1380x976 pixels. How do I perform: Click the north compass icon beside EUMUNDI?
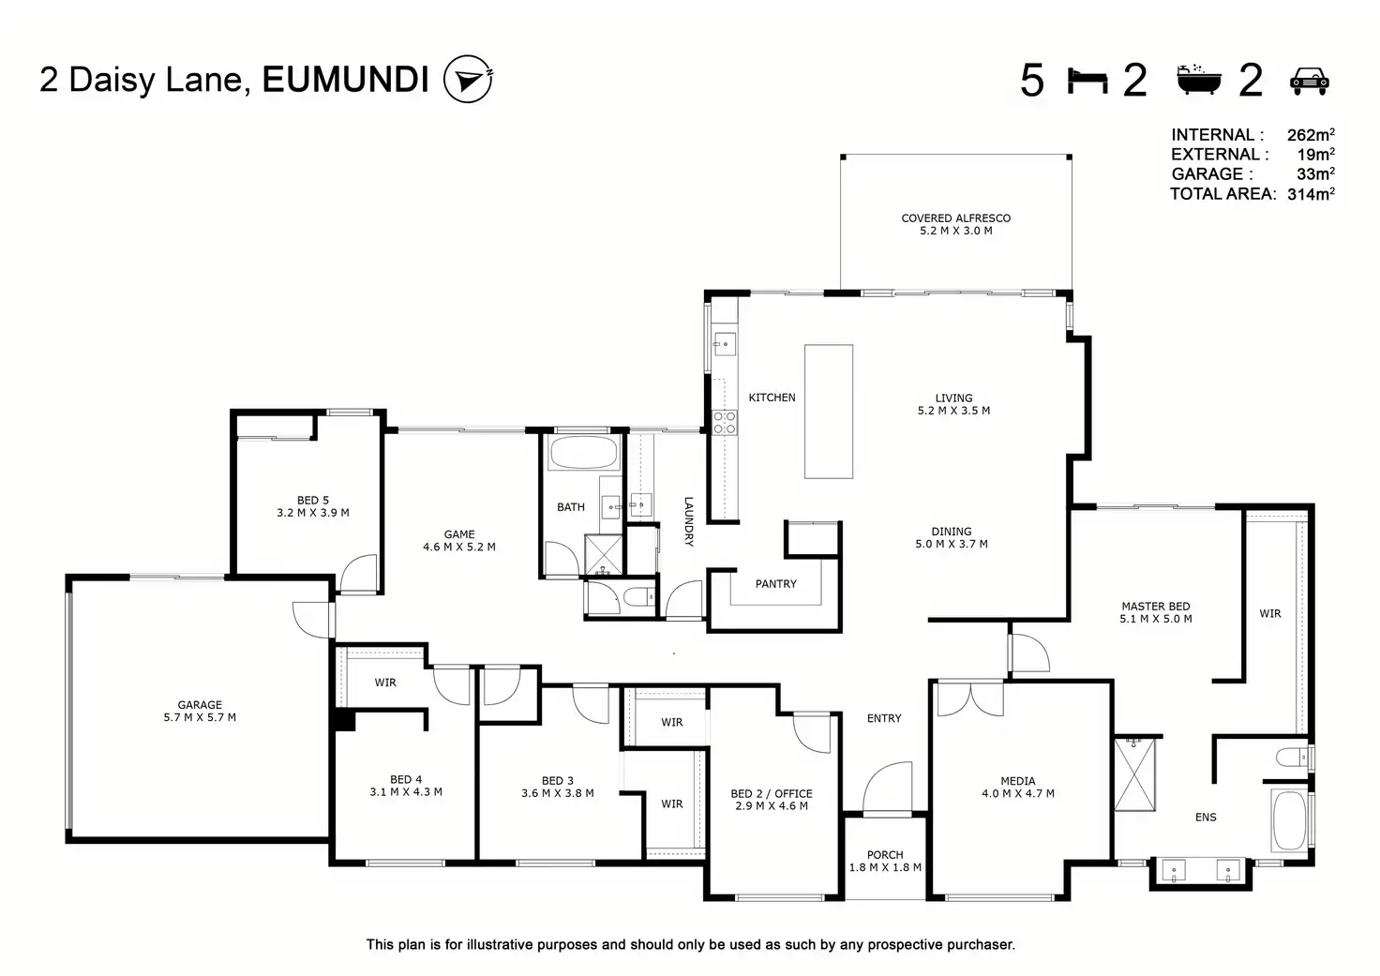(x=467, y=79)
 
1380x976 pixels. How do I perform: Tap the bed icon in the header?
(x=1087, y=81)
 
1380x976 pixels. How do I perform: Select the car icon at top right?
(x=1310, y=81)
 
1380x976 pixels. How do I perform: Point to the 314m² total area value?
(x=1311, y=194)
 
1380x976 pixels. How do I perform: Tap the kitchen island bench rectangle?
(x=829, y=412)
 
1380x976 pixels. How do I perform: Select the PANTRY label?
(x=775, y=584)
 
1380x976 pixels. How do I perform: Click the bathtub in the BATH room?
(x=583, y=454)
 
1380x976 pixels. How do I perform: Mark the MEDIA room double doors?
(x=968, y=698)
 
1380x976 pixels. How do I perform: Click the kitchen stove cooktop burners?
(x=724, y=422)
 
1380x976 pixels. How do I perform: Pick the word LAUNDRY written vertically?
(x=688, y=521)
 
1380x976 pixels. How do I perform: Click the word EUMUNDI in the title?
(x=345, y=80)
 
